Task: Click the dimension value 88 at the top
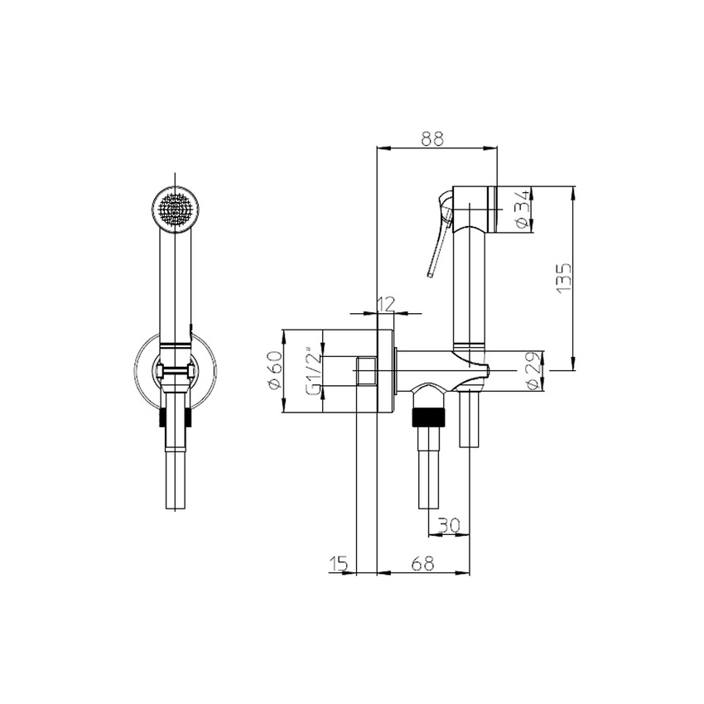432,140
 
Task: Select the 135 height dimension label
562,280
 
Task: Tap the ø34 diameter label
522,210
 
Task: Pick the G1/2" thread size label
313,371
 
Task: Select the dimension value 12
384,304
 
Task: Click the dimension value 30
448,525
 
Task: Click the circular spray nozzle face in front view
176,208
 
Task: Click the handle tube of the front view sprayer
175,282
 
